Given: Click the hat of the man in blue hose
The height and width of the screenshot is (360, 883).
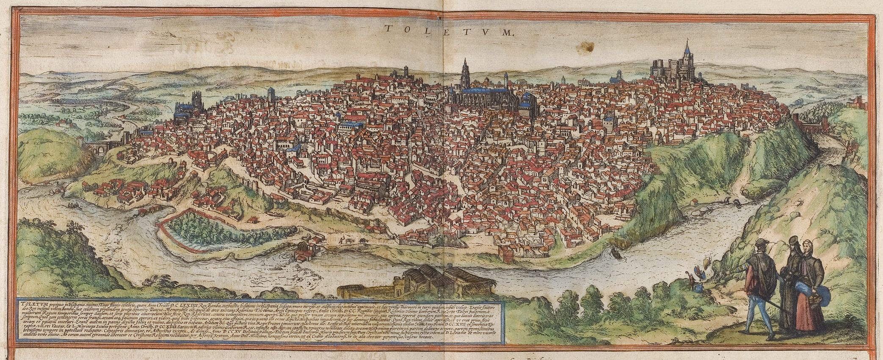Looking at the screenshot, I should pyautogui.click(x=761, y=242).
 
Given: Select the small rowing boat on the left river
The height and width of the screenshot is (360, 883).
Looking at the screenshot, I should pyautogui.click(x=73, y=206).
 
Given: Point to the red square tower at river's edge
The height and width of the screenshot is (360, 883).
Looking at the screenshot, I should pyautogui.click(x=506, y=254).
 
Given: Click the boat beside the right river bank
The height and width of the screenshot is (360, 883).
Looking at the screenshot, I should pyautogui.click(x=616, y=253).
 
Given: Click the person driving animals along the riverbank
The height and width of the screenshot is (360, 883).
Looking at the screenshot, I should pyautogui.click(x=341, y=240).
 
